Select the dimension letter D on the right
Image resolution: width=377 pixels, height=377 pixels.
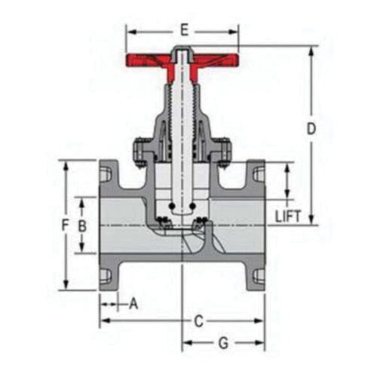click(310, 129)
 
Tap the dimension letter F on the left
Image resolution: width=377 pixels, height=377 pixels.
click(66, 225)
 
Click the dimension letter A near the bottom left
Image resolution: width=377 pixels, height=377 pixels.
click(133, 304)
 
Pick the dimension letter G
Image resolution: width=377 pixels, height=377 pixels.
click(223, 343)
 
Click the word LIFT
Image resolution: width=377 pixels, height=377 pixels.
click(288, 216)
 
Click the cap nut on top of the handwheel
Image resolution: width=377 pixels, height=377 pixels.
click(182, 53)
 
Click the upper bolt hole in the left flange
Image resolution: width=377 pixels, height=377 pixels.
click(105, 174)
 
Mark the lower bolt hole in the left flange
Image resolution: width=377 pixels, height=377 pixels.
click(105, 276)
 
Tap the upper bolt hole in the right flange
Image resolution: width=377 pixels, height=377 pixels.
click(259, 174)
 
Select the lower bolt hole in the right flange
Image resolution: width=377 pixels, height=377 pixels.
click(259, 276)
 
